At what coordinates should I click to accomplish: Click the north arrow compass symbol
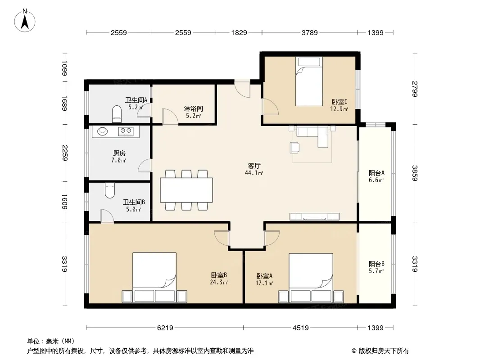[x=25, y=21]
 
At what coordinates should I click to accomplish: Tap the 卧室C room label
[x=340, y=102]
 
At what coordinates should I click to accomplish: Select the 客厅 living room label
[x=254, y=166]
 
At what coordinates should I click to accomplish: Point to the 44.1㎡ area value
[x=254, y=173]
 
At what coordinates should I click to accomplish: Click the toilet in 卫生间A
[x=117, y=114]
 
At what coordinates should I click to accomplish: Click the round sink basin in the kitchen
[x=103, y=131]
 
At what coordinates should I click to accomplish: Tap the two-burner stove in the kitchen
[x=126, y=131]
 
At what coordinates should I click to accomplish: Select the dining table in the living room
[x=186, y=190]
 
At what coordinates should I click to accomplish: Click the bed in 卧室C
[x=309, y=81]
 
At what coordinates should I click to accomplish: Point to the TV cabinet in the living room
[x=314, y=216]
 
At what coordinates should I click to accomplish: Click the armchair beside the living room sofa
[x=294, y=148]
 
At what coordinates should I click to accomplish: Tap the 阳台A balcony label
[x=376, y=173]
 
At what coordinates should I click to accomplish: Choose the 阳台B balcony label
[x=376, y=264]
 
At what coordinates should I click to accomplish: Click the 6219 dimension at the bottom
[x=165, y=328]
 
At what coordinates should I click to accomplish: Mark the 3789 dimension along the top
[x=309, y=32]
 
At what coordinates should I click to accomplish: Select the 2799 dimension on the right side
[x=415, y=89]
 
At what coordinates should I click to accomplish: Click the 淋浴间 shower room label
[x=194, y=108]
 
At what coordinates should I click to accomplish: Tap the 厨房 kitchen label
[x=119, y=153]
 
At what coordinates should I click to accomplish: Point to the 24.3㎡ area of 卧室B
[x=218, y=282]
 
